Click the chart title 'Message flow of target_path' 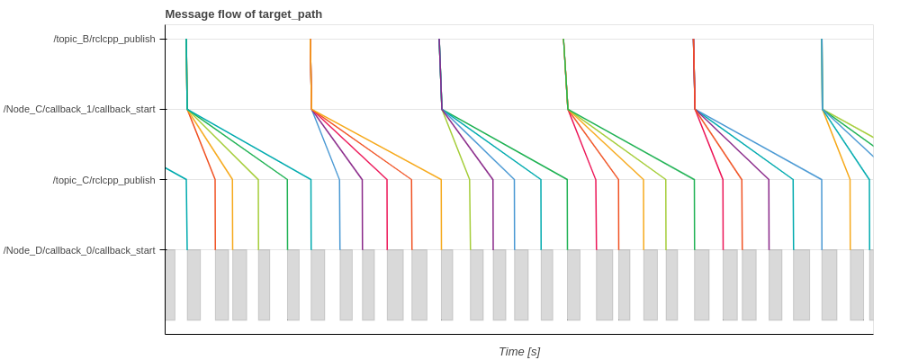click(x=243, y=14)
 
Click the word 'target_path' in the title click(x=290, y=14)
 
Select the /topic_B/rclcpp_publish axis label click(x=103, y=39)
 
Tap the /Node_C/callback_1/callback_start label click(x=79, y=109)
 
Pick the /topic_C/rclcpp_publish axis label click(x=103, y=180)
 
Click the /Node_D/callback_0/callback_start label click(x=79, y=250)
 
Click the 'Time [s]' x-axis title click(x=519, y=352)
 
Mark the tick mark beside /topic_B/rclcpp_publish click(x=163, y=39)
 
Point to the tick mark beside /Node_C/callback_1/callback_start click(x=163, y=109)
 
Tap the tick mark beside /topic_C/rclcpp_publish click(x=163, y=180)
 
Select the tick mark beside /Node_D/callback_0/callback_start click(x=163, y=250)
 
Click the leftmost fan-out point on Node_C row click(x=187, y=110)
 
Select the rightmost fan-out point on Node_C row click(x=823, y=110)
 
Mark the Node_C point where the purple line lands click(x=442, y=110)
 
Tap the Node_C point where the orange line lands click(x=311, y=110)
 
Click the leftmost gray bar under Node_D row click(x=170, y=285)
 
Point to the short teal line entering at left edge click(x=175, y=174)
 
